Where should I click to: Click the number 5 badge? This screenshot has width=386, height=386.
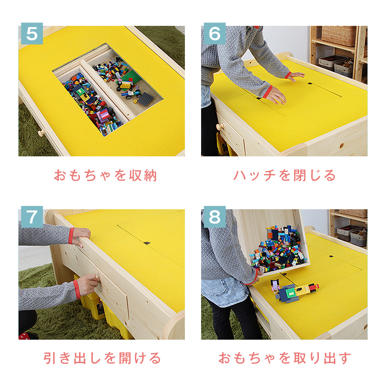[32, 34]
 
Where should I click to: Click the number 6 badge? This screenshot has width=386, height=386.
[215, 34]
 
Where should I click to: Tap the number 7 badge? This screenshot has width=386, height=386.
[32, 217]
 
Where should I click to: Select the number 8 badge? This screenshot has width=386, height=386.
[215, 217]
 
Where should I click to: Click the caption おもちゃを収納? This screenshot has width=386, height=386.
[105, 176]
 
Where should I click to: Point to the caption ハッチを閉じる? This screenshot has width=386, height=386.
[284, 176]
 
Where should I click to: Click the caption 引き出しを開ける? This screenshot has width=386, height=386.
[102, 358]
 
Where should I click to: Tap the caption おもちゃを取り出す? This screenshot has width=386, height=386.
[284, 358]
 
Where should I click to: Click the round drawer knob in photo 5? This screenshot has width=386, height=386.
[41, 133]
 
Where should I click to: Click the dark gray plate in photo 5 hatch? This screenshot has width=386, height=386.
[145, 99]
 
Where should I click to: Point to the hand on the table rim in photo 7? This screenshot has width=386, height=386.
[81, 237]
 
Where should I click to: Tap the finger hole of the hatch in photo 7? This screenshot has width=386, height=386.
[147, 243]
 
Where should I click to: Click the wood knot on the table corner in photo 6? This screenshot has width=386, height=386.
[342, 146]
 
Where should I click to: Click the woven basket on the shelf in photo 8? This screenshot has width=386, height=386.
[353, 213]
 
